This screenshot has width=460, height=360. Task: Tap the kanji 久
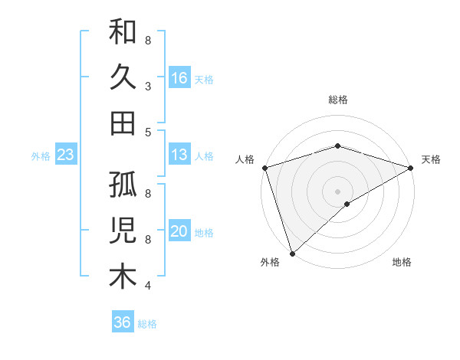click(123, 77)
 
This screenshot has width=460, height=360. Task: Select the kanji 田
click(123, 123)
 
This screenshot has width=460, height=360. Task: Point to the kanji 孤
click(123, 186)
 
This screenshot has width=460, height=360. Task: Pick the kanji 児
click(123, 231)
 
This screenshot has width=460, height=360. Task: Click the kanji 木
click(123, 277)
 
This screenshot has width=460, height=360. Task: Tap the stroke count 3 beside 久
click(148, 87)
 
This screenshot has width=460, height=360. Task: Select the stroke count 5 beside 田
click(148, 132)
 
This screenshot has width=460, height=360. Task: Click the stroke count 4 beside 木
click(148, 286)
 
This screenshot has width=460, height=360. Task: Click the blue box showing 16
click(179, 77)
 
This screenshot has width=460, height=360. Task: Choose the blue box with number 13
click(179, 155)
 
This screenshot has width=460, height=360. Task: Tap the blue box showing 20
click(179, 232)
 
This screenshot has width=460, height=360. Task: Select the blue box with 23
click(66, 155)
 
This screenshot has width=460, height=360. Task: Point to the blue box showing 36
click(123, 322)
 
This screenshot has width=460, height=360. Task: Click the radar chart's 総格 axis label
click(338, 100)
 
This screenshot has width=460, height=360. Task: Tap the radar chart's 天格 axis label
click(431, 159)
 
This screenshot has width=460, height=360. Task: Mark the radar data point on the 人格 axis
click(264, 167)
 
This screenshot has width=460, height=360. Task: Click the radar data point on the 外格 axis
click(292, 254)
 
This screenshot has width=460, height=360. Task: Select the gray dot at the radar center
click(338, 191)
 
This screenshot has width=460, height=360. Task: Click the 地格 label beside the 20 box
click(204, 233)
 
